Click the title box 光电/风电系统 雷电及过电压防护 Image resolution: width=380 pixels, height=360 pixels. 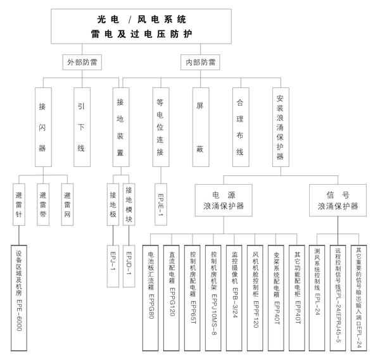pos(141,26)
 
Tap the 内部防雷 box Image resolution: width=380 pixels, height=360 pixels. pos(199,63)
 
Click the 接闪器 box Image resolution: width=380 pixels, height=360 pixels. pos(43,127)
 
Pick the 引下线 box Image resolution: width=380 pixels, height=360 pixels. pos(81,127)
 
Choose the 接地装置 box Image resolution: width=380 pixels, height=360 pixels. pos(120,127)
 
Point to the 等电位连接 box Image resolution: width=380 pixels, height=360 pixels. pos(160,127)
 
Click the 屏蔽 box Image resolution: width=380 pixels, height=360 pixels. pos(200,127)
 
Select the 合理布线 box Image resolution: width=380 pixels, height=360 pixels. pos(239,127)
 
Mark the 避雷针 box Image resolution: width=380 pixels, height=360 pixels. pos(20,204)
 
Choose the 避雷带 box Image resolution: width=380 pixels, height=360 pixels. pos(43,204)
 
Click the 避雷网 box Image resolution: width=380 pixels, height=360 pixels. pos(68,204)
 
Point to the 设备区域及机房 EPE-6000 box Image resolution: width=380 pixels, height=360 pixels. pos(20,297)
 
